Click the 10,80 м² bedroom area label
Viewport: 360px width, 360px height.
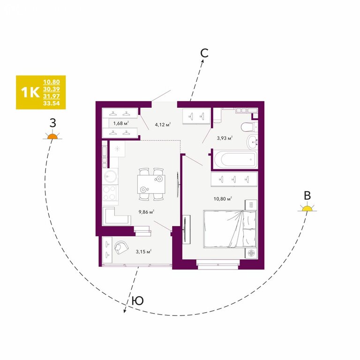(223, 199)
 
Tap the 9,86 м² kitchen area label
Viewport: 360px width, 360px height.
(146, 212)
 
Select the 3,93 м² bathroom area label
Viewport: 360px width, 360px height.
(225, 138)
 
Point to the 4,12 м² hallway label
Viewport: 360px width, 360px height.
(163, 125)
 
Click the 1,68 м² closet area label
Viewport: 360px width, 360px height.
(121, 124)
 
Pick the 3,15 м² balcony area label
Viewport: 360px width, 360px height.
(143, 252)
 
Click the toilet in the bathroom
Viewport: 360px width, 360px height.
(249, 127)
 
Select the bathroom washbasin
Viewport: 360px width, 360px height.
(252, 142)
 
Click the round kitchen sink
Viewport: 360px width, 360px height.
(111, 176)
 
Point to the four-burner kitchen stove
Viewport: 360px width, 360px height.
(110, 193)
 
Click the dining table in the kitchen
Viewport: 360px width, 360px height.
(151, 184)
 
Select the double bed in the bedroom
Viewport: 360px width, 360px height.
(230, 229)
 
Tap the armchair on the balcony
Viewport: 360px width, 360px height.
(121, 247)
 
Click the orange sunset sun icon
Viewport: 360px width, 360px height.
(52, 136)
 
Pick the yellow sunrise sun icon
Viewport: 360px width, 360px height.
(307, 208)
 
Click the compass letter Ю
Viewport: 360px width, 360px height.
(138, 300)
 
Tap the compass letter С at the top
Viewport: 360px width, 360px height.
(204, 53)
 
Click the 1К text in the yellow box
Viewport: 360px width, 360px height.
(30, 92)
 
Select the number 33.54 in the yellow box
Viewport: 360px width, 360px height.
(52, 103)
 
